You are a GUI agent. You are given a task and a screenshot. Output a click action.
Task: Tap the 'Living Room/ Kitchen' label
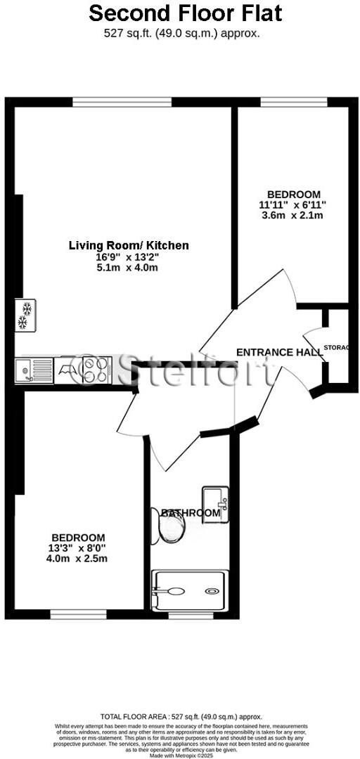pos(129,245)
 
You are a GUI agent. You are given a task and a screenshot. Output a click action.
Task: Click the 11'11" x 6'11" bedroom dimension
pos(293,205)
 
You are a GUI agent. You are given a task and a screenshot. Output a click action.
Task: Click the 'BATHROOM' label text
pos(191,513)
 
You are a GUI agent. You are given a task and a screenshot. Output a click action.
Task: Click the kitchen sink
pos(33,370)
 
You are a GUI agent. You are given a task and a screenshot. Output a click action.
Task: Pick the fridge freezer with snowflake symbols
pos(27,315)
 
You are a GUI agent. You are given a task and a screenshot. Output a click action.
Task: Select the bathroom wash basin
pos(216,500)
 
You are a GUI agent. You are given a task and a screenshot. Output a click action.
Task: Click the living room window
pos(122,102)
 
